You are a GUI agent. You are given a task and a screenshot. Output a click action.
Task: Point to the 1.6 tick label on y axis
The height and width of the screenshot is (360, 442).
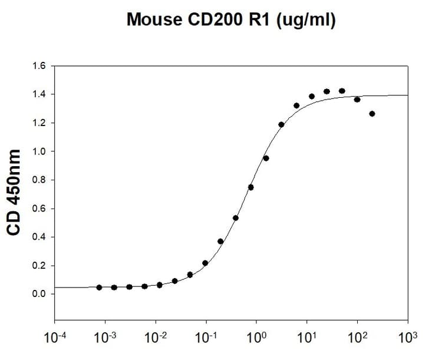(39, 65)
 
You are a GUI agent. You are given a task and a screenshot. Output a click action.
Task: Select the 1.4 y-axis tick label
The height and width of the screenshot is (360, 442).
(39, 94)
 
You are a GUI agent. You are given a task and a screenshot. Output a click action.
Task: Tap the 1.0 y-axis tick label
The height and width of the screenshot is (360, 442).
(39, 151)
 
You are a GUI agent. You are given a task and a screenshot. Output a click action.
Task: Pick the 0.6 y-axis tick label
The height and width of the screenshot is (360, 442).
(39, 209)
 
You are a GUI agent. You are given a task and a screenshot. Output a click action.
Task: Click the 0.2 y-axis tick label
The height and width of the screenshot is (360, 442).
(39, 266)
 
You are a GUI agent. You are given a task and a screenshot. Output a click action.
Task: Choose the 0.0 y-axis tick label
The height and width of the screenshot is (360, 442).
(39, 294)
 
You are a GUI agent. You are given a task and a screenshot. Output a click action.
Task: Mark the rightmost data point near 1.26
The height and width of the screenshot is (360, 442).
(372, 114)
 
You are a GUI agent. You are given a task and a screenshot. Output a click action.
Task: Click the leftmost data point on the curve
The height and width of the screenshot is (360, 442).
(99, 288)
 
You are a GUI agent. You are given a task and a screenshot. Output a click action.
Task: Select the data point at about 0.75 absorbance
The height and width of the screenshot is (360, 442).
(251, 187)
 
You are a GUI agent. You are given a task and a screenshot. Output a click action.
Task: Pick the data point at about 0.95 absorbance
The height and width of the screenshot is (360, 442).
(266, 158)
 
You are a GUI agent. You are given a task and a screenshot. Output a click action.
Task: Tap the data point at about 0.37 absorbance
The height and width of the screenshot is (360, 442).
(220, 241)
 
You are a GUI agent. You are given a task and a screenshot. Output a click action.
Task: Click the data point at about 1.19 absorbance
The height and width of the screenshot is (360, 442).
(281, 124)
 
